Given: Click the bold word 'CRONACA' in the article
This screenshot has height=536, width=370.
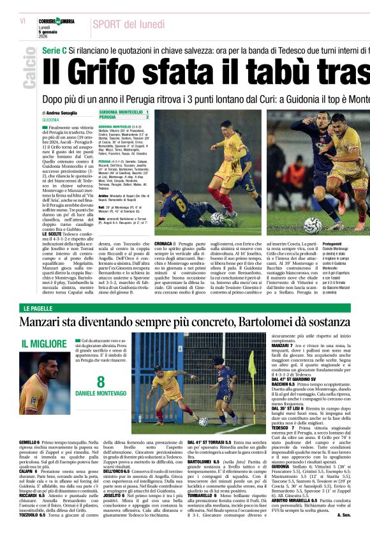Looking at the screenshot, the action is (x=163, y=244).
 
